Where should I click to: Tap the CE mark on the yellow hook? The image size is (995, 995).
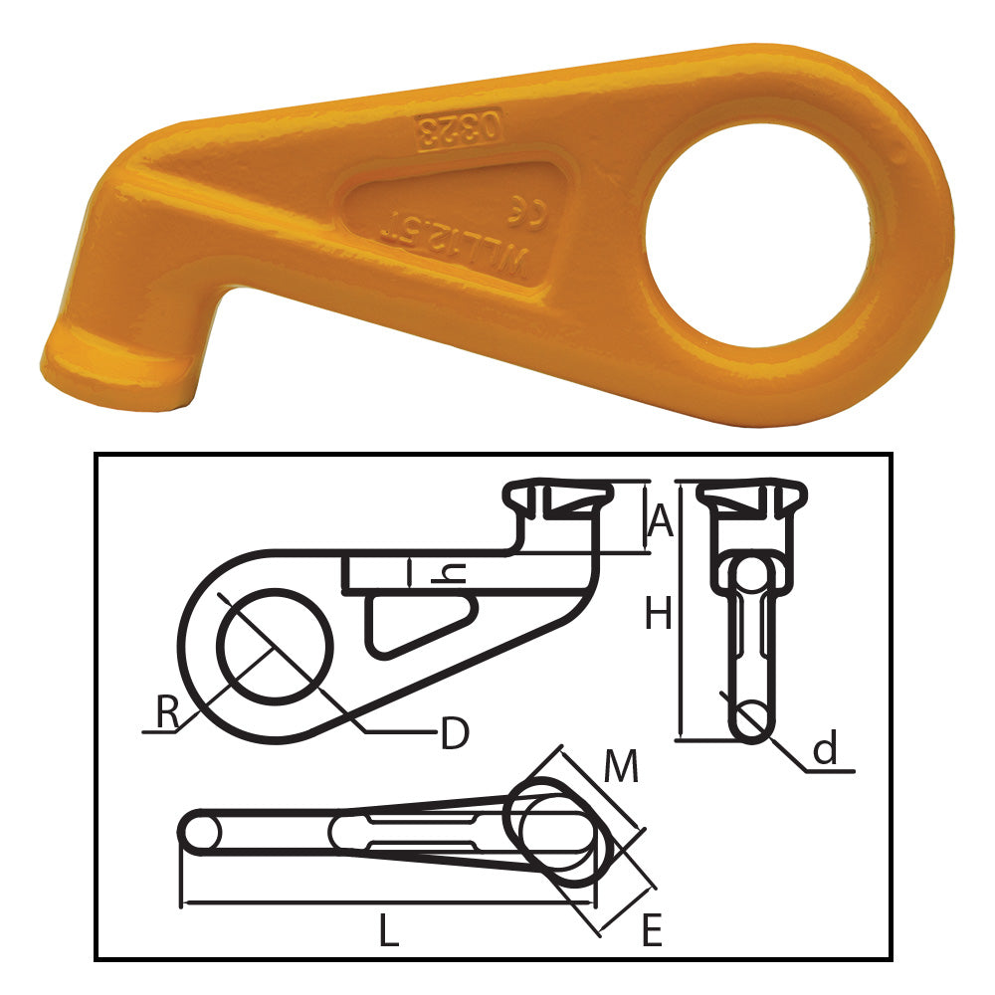(x=528, y=211)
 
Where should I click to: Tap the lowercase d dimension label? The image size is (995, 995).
(x=825, y=749)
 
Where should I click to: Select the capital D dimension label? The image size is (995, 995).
(x=454, y=734)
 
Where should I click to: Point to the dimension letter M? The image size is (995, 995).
(x=621, y=767)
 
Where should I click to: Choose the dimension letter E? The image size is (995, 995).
(x=651, y=931)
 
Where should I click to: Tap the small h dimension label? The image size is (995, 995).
(x=453, y=574)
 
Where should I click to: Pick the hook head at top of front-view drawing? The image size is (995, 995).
(x=750, y=502)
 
